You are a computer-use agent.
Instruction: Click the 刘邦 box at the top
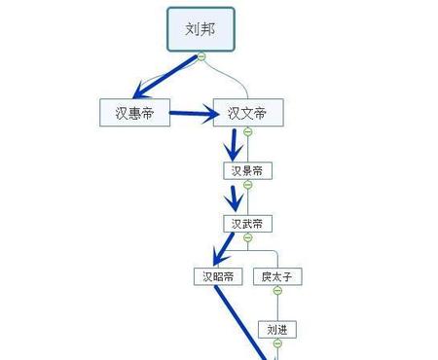201,28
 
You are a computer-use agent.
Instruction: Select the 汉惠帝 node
134,113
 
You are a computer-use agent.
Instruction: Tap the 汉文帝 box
247,113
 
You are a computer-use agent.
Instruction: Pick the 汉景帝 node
247,171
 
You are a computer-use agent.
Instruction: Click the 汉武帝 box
247,224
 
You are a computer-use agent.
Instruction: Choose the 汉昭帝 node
217,277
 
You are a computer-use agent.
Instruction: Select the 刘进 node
276,329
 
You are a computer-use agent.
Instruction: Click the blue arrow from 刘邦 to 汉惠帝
165,78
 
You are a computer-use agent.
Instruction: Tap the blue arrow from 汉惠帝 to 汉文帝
193,115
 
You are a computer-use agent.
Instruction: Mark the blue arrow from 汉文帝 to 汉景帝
233,146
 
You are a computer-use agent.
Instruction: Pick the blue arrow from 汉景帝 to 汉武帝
233,198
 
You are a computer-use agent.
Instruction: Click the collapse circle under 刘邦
201,56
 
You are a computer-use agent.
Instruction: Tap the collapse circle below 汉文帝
247,132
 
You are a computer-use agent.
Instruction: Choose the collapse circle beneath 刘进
276,343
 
